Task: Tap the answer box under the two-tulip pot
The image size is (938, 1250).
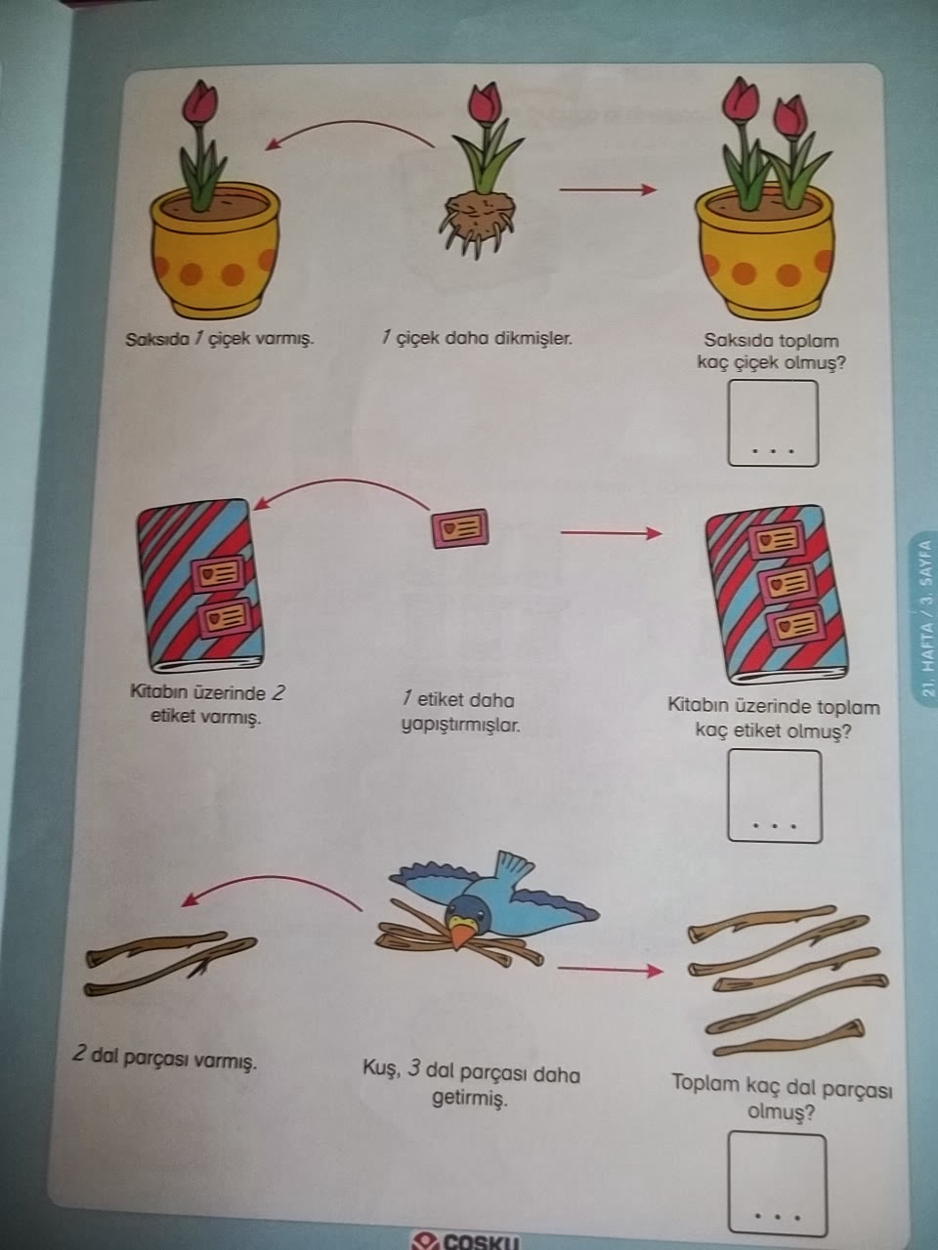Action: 772,422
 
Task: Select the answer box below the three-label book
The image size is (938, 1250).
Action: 773,795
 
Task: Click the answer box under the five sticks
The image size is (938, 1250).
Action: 777,1183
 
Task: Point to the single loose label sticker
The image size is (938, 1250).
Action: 460,527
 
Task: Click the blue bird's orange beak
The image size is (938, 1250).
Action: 459,937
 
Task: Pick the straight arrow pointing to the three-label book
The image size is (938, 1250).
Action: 611,533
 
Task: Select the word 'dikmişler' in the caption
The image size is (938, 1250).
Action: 534,339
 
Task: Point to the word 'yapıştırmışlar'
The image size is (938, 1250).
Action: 460,726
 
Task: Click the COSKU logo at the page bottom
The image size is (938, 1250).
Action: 467,1240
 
